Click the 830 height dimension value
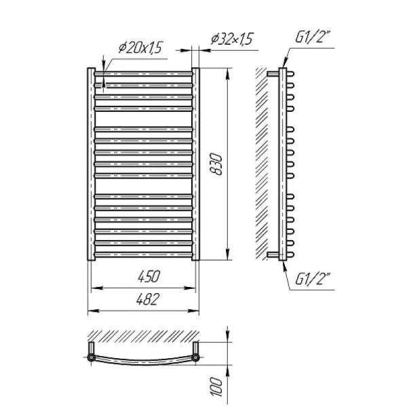pyautogui.click(x=216, y=165)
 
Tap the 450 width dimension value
pyautogui.click(x=149, y=276)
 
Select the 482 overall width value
pyautogui.click(x=147, y=299)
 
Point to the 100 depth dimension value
pyautogui.click(x=216, y=387)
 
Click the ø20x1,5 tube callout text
pyautogui.click(x=140, y=47)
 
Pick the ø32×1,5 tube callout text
pyautogui.click(x=232, y=39)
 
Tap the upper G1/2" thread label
pyautogui.click(x=313, y=37)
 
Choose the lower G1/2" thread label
pyautogui.click(x=313, y=279)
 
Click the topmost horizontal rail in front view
pyautogui.click(x=144, y=74)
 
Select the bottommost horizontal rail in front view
pyautogui.click(x=144, y=254)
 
